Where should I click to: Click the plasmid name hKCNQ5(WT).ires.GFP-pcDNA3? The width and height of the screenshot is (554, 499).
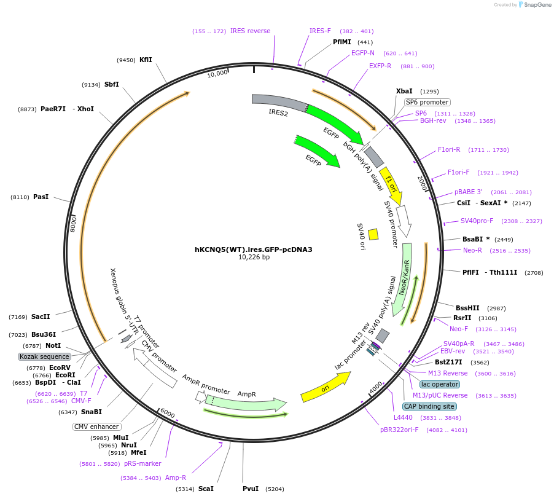(254, 249)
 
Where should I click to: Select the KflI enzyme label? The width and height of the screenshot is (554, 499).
(146, 60)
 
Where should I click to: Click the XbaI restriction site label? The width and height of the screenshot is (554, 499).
(404, 91)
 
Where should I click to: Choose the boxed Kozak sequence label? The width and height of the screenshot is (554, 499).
(44, 356)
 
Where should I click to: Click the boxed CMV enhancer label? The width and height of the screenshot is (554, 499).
(96, 426)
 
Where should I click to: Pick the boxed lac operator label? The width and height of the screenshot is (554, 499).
(440, 384)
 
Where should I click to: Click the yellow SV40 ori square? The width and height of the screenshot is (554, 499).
(373, 234)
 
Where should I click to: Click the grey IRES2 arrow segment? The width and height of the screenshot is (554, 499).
(279, 103)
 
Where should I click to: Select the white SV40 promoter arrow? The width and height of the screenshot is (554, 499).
(404, 221)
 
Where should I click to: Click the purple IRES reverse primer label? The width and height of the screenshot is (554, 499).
(250, 31)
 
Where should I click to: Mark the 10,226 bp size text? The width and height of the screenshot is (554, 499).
(254, 257)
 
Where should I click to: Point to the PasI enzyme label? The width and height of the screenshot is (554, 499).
(41, 197)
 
